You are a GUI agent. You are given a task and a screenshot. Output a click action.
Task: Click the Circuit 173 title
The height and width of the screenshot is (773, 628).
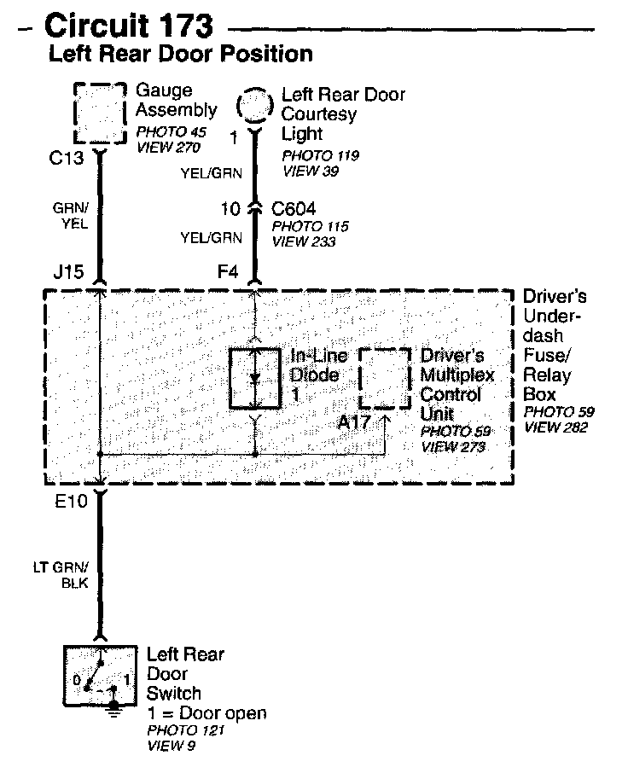pos(127,26)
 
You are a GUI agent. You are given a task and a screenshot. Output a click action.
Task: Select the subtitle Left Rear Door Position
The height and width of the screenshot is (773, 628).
pos(181,55)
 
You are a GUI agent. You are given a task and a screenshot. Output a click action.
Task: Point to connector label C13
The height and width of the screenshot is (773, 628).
pos(69,158)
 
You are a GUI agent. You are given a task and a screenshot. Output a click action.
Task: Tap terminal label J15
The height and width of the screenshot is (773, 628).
pos(68,273)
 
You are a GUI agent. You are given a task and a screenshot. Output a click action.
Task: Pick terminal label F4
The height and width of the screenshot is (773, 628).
pos(228,273)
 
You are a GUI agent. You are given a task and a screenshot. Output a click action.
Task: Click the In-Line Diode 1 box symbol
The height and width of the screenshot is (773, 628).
pos(254,378)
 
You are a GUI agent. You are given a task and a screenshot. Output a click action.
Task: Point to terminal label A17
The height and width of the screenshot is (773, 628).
pos(355,421)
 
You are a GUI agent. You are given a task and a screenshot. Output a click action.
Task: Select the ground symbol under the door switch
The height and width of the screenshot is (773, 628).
pos(113,711)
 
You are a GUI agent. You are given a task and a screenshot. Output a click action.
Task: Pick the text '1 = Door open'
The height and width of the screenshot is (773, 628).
pos(206,713)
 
